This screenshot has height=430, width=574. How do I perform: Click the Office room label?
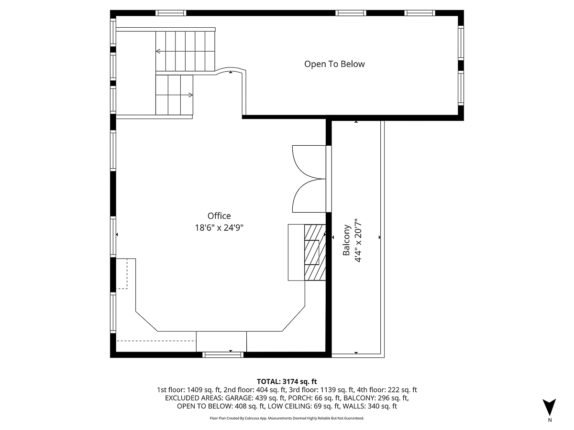(x=219, y=216)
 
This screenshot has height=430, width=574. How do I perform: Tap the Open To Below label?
(x=334, y=64)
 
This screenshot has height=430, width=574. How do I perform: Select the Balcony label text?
(x=347, y=240)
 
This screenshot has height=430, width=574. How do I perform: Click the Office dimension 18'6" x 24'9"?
(x=219, y=228)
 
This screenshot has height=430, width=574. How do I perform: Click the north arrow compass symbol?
(x=550, y=408)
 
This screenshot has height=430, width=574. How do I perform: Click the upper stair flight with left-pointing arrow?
(x=186, y=51)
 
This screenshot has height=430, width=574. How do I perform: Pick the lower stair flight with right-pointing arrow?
(x=174, y=95)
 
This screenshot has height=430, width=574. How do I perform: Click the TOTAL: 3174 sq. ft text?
(x=287, y=381)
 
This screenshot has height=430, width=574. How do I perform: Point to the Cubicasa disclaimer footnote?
(x=287, y=418)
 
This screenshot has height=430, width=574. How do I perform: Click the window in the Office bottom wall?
(x=223, y=355)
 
